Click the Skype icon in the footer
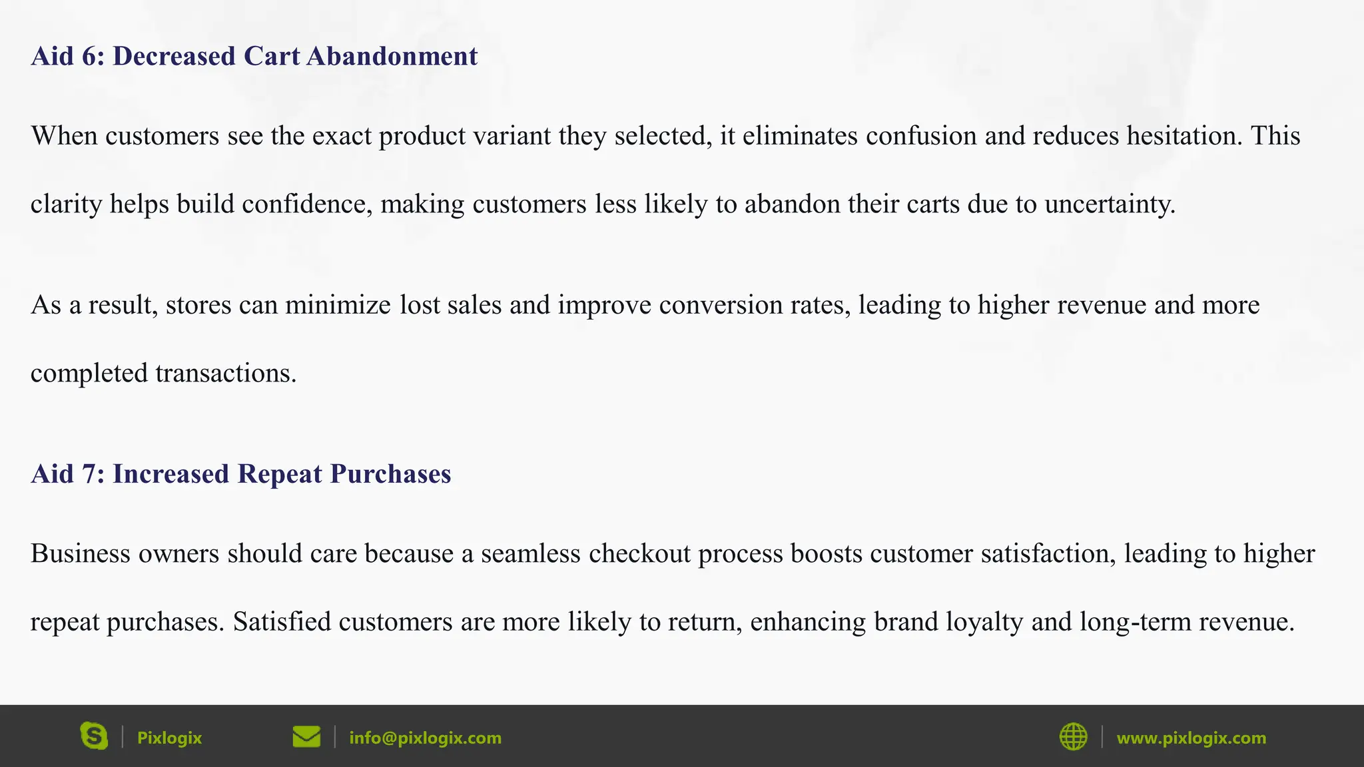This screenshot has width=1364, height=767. coord(94,736)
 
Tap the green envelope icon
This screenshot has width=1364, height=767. coord(306,737)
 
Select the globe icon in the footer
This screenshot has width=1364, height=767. coord(1073,737)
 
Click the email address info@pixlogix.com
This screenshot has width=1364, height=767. coord(425,738)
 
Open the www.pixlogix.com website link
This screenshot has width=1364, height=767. coord(1191,738)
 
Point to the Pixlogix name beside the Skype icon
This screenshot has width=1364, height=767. coord(169,738)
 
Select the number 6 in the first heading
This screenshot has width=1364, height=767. coord(89,56)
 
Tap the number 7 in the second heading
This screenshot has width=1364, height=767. coord(89,474)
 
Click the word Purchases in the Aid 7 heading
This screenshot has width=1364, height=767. coord(390,474)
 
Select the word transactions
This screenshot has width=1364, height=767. coord(226,373)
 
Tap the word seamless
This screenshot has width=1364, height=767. coord(530,554)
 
